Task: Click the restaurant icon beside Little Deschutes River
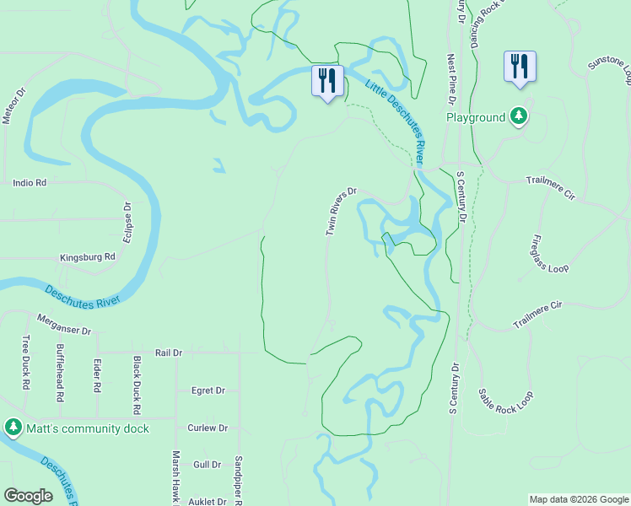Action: [x=327, y=81]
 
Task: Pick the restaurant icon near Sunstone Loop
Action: [x=520, y=67]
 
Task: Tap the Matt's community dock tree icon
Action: [x=13, y=428]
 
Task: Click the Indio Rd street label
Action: [x=30, y=182]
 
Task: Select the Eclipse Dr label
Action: [x=127, y=222]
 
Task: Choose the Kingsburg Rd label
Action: [x=87, y=257]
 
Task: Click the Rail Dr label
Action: [x=169, y=353]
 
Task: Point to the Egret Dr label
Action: [x=208, y=390]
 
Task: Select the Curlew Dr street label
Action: [x=208, y=428]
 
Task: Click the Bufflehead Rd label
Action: [x=60, y=372]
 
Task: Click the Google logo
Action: [x=28, y=496]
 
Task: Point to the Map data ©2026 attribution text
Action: [x=579, y=499]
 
